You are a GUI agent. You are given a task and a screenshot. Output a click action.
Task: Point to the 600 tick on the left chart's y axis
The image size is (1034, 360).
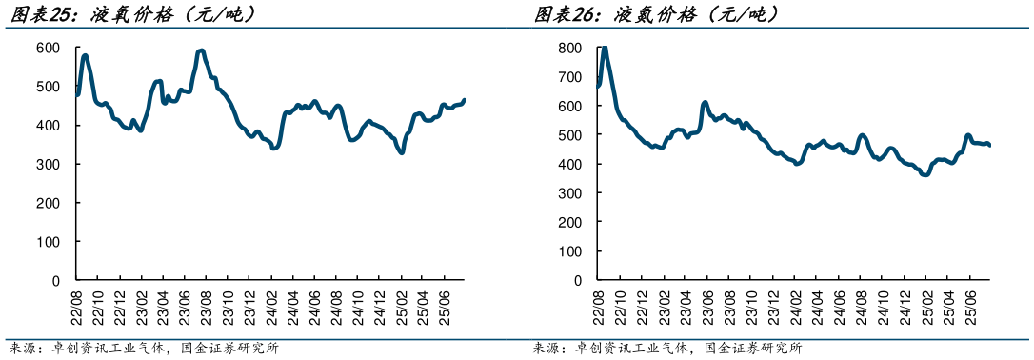(x=48, y=48)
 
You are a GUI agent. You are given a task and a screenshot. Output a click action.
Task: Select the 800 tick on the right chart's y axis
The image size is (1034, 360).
(x=569, y=48)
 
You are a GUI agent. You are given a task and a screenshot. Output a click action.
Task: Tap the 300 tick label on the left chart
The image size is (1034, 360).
(x=48, y=165)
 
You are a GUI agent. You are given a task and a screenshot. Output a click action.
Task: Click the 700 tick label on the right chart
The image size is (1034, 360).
(x=569, y=77)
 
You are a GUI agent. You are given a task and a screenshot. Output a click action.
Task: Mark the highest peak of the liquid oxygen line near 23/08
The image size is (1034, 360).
(x=201, y=50)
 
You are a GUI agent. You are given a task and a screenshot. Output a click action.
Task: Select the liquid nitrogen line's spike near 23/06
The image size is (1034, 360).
(x=705, y=102)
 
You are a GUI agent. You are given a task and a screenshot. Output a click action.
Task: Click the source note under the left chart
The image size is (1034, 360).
(x=143, y=349)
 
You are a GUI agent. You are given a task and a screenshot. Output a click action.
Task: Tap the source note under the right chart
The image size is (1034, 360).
(x=666, y=349)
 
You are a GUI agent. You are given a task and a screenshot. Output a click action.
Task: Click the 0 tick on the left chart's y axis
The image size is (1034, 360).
(x=55, y=282)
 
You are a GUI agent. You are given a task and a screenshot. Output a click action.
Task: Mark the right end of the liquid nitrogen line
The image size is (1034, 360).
(x=989, y=146)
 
